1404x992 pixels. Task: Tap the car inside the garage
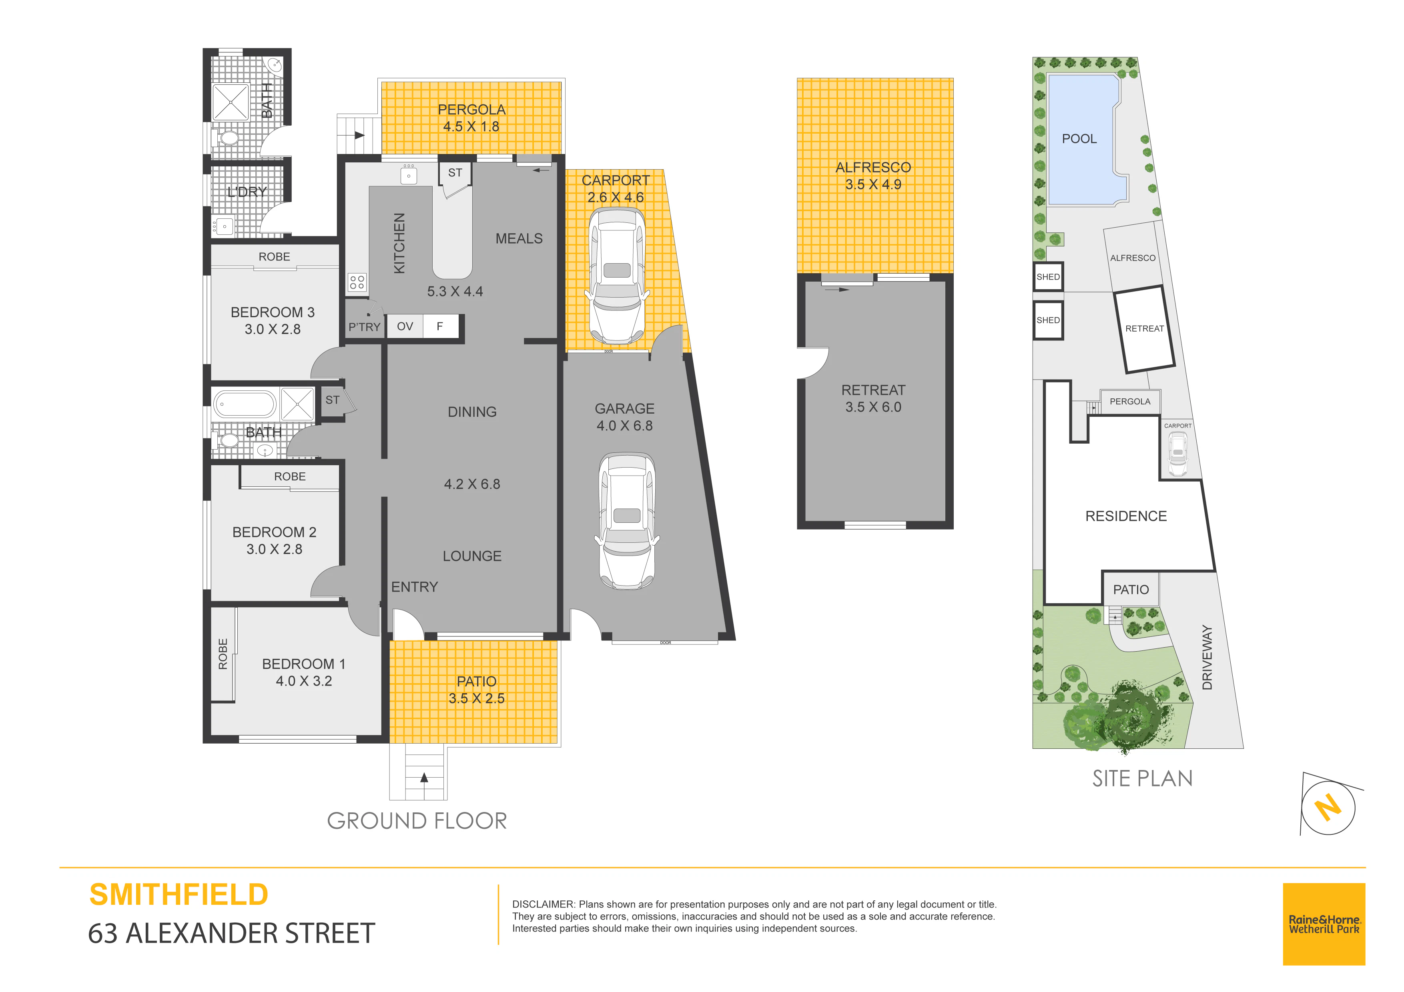coord(626,521)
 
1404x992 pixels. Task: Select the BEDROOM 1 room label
coord(304,664)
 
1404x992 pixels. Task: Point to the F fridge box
coord(440,326)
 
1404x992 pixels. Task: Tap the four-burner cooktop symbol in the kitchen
coord(357,282)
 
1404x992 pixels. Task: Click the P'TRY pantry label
coord(365,327)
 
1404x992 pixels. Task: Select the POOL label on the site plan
coord(1079,139)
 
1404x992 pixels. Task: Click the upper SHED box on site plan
coord(1048,277)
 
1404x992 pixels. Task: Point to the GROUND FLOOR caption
coord(417,821)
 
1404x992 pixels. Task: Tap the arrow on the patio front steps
coord(424,778)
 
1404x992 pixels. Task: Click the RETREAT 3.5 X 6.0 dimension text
coord(873,407)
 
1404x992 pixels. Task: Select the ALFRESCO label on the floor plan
coord(873,168)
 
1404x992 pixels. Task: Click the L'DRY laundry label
coord(247,192)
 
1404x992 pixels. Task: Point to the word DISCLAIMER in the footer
coord(543,904)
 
